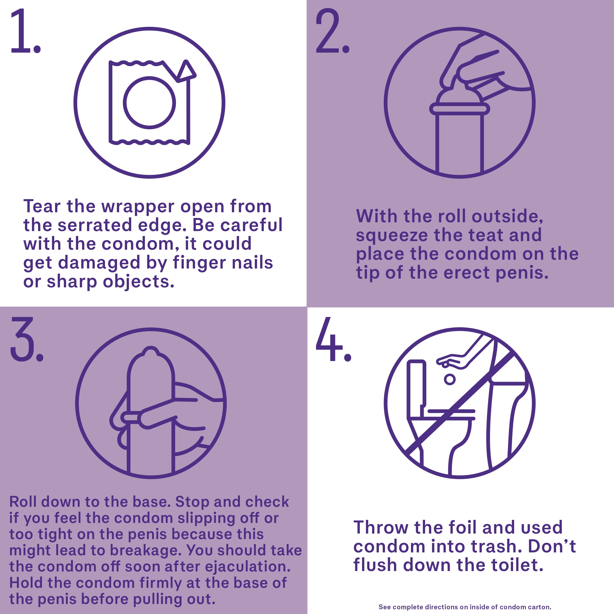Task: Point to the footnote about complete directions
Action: [465, 607]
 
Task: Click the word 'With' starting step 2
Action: [376, 216]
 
